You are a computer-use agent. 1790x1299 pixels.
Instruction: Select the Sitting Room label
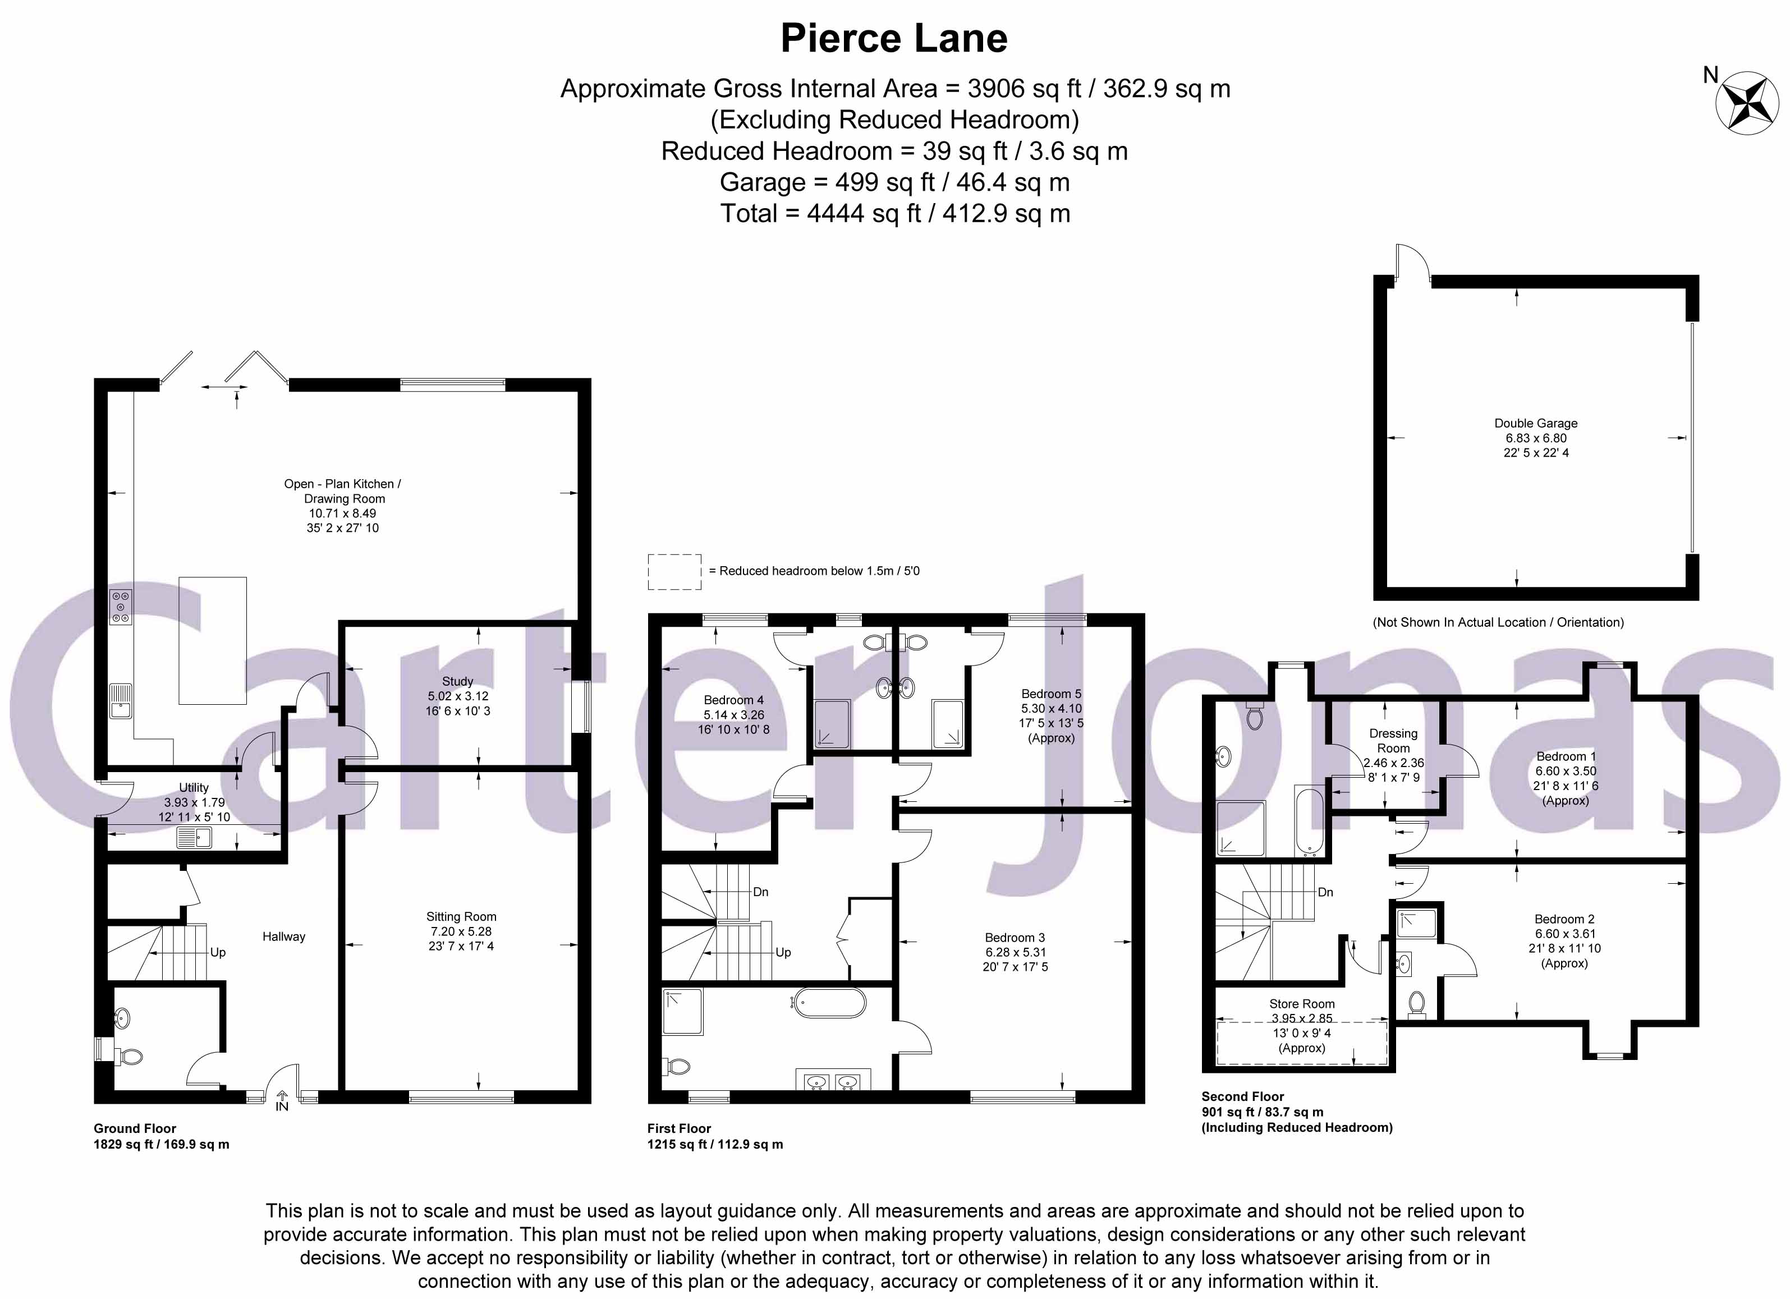(x=461, y=916)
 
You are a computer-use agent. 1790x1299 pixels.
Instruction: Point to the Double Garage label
(x=1535, y=423)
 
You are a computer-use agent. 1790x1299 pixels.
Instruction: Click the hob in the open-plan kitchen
(x=121, y=608)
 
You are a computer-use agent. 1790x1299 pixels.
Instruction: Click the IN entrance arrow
(x=282, y=1099)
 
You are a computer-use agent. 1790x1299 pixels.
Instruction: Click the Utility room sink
(x=194, y=837)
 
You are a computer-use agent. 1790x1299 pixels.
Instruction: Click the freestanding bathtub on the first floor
(x=829, y=1004)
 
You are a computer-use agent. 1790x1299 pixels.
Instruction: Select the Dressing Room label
(x=1393, y=740)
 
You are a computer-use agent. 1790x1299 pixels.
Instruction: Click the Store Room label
(x=1301, y=1004)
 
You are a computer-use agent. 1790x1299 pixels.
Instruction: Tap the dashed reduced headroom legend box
(x=674, y=571)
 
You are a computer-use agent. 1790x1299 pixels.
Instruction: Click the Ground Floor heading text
(x=135, y=1128)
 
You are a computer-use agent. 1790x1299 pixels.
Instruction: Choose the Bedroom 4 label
(x=733, y=700)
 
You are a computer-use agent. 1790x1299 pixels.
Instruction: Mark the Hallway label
(x=283, y=937)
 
